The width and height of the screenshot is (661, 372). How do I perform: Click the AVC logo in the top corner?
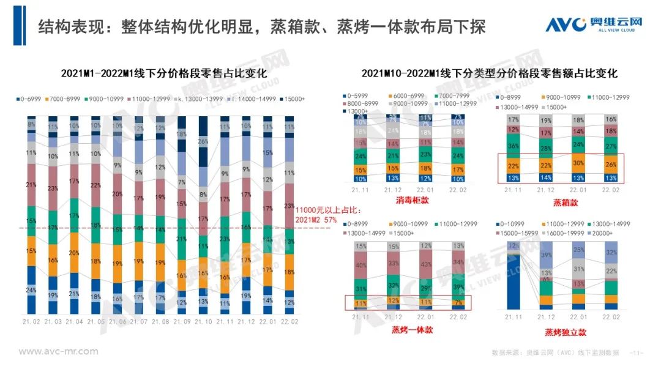[594, 24]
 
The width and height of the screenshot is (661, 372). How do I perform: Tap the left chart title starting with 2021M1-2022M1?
[164, 73]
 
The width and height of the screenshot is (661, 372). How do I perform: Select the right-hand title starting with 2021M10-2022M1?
[489, 73]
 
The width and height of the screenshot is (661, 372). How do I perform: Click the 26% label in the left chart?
[203, 141]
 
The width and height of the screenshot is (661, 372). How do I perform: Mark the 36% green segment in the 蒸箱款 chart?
[514, 146]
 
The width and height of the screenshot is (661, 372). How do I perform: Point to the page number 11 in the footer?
[636, 353]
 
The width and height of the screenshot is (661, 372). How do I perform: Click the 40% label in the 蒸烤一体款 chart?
[360, 265]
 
